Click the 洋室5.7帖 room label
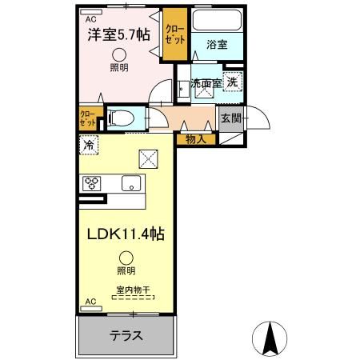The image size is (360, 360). (x=118, y=35)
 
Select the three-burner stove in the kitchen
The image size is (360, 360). (x=91, y=183)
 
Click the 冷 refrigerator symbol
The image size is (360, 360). (x=89, y=146)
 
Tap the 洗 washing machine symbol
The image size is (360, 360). (x=231, y=81)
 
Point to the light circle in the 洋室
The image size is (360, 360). (x=118, y=54)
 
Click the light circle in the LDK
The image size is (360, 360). (x=126, y=258)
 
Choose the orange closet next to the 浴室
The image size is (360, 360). (x=172, y=34)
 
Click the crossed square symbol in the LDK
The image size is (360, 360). (x=148, y=158)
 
